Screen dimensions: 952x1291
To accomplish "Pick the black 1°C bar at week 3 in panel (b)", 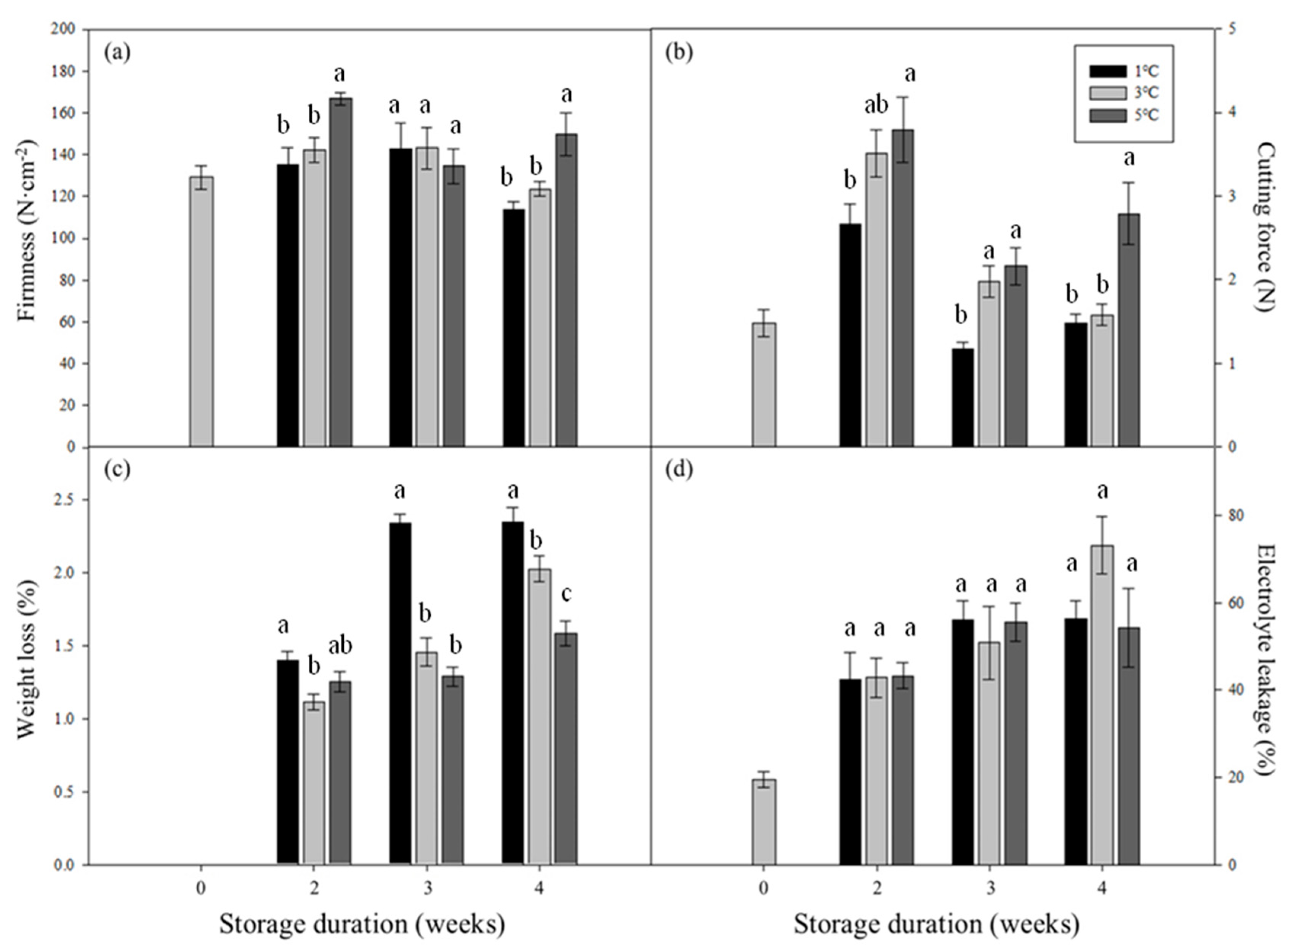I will coord(963,398).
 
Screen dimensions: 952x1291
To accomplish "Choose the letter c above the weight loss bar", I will coord(567,594).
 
